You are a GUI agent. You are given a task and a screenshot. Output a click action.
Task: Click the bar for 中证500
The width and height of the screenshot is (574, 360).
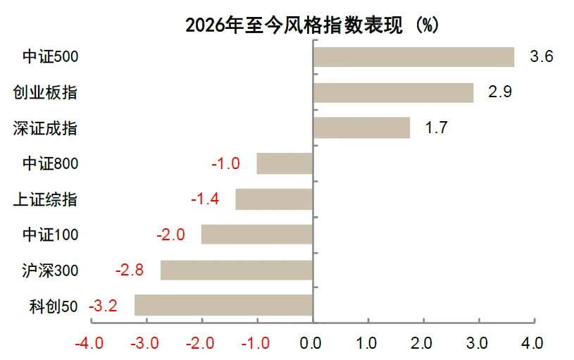(x=413, y=57)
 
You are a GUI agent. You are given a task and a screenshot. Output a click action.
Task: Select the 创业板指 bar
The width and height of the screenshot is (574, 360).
(x=393, y=92)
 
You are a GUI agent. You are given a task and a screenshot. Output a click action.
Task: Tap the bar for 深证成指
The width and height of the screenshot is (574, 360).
(x=361, y=128)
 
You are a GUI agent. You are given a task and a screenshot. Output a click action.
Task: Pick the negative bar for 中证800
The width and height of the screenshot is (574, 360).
(x=285, y=163)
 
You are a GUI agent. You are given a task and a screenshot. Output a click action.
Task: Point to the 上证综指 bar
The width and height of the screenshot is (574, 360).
(x=274, y=199)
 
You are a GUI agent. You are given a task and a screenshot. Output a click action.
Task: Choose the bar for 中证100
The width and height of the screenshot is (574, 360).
(x=257, y=234)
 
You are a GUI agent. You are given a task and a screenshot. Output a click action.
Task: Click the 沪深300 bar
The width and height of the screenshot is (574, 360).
(x=237, y=270)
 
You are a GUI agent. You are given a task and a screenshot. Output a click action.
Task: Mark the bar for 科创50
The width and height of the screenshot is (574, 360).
(x=224, y=305)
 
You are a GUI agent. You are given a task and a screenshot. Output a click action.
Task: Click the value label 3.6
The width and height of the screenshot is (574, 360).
(x=540, y=57)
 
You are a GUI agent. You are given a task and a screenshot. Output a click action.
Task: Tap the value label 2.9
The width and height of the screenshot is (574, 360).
(x=499, y=92)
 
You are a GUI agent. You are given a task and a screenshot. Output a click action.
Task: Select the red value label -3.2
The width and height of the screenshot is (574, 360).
(x=103, y=306)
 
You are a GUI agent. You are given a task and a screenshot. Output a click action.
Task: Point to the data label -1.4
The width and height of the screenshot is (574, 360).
(x=205, y=199)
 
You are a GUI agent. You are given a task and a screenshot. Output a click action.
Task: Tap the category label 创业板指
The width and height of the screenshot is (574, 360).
(x=45, y=92)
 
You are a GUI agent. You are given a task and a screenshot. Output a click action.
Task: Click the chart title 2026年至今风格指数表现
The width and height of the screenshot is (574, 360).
(x=293, y=25)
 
